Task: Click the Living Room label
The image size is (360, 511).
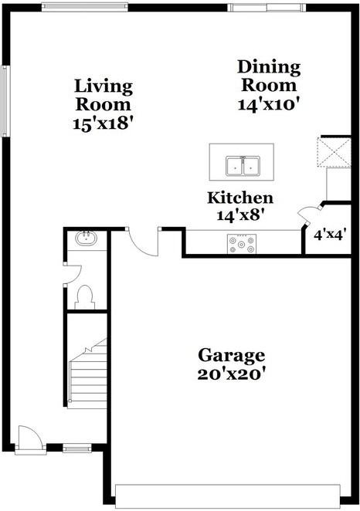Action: click(103, 94)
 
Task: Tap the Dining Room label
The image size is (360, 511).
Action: click(267, 76)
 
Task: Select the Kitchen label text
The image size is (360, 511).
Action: click(239, 198)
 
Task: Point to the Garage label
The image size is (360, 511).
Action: click(232, 355)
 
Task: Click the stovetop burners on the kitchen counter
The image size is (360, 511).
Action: click(241, 244)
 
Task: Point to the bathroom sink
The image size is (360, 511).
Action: click(85, 239)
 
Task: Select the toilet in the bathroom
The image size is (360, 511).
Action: click(86, 295)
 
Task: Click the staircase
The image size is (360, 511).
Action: click(87, 376)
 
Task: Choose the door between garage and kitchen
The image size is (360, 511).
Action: click(143, 242)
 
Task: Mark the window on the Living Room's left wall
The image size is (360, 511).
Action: click(5, 100)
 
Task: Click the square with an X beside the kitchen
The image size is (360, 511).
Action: click(335, 152)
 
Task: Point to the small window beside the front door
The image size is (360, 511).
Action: click(76, 448)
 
